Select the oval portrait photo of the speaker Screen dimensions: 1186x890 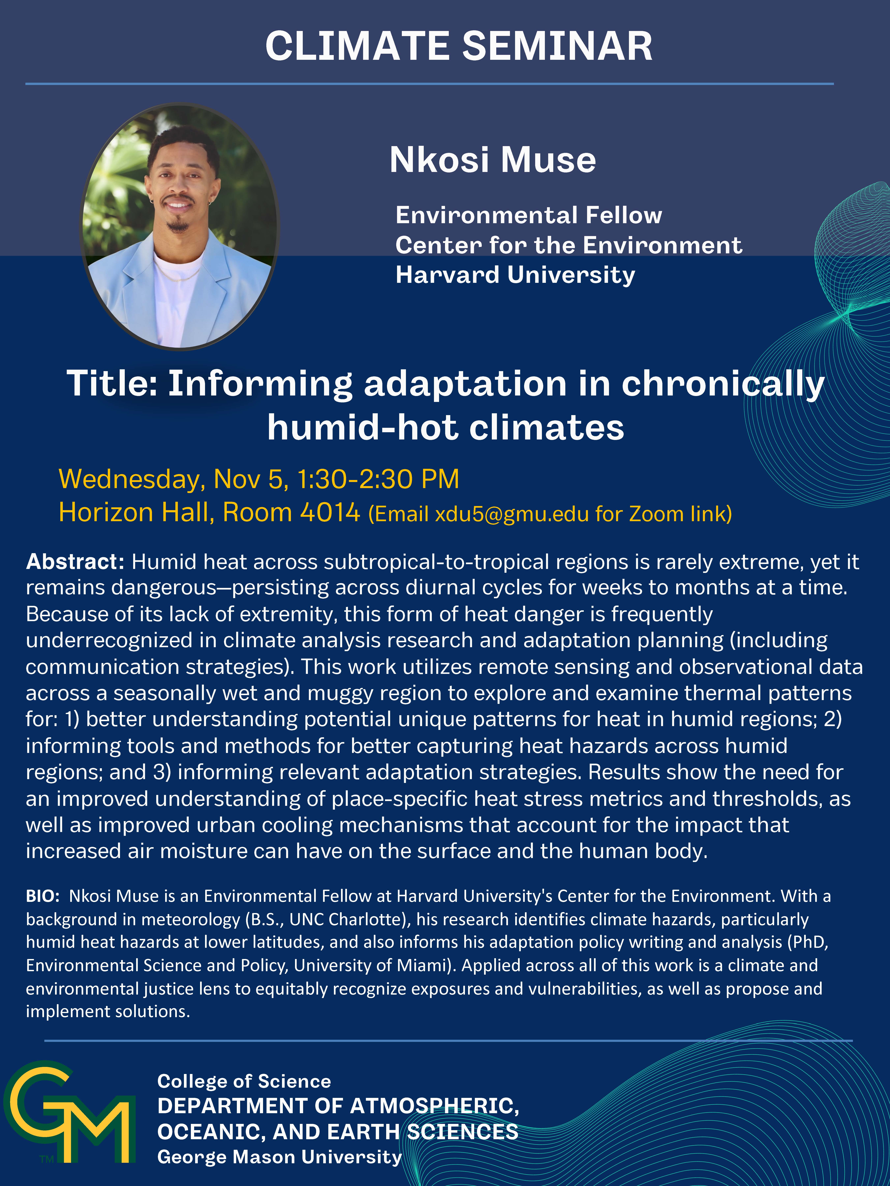180,226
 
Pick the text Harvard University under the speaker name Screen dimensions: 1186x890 515,275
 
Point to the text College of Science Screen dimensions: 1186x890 244,1081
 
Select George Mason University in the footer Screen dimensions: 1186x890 279,1157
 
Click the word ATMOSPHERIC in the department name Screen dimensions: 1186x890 435,1106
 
